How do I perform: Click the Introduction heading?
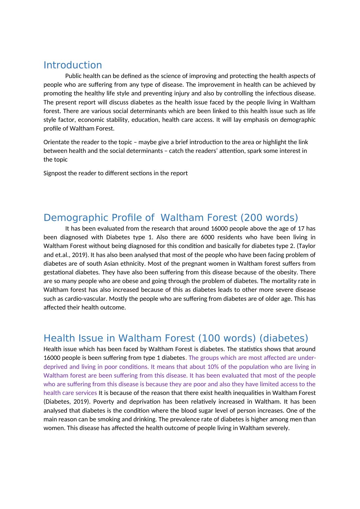pyautogui.click(x=72, y=65)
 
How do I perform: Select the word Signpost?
pyautogui.click(x=55, y=173)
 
